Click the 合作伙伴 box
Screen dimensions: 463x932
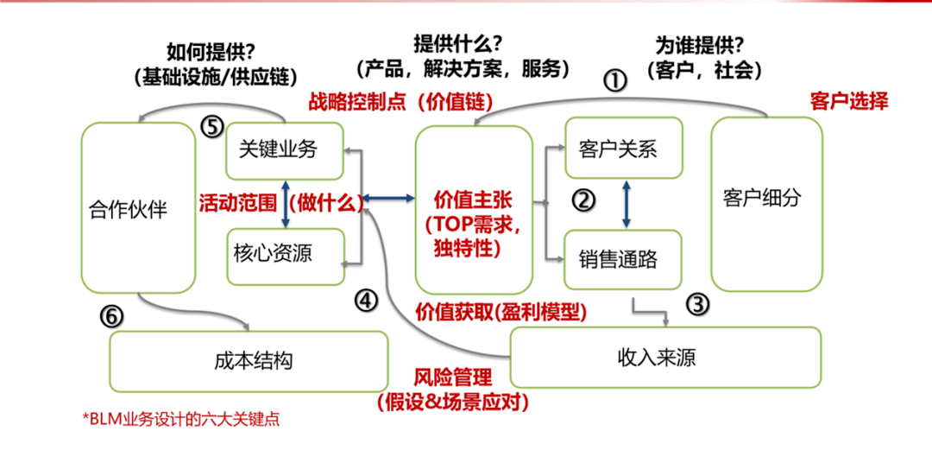coord(138,209)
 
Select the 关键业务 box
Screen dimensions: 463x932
coord(285,149)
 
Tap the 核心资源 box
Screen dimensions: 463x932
coord(285,254)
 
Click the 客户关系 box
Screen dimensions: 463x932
coord(624,149)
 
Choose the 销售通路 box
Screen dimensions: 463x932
coord(624,258)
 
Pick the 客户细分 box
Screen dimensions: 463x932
coord(765,204)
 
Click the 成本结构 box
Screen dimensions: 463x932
coord(249,360)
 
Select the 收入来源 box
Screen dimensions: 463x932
coord(664,356)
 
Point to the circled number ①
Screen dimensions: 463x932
coord(614,81)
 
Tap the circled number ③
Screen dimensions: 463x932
coord(698,303)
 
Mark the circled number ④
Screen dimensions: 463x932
coord(366,301)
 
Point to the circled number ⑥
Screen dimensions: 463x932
coord(111,317)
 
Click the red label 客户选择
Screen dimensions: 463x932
coord(849,101)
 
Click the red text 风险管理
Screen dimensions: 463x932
coord(453,377)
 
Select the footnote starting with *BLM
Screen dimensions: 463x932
coord(181,420)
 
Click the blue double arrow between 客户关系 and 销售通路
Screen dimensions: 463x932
coord(627,204)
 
